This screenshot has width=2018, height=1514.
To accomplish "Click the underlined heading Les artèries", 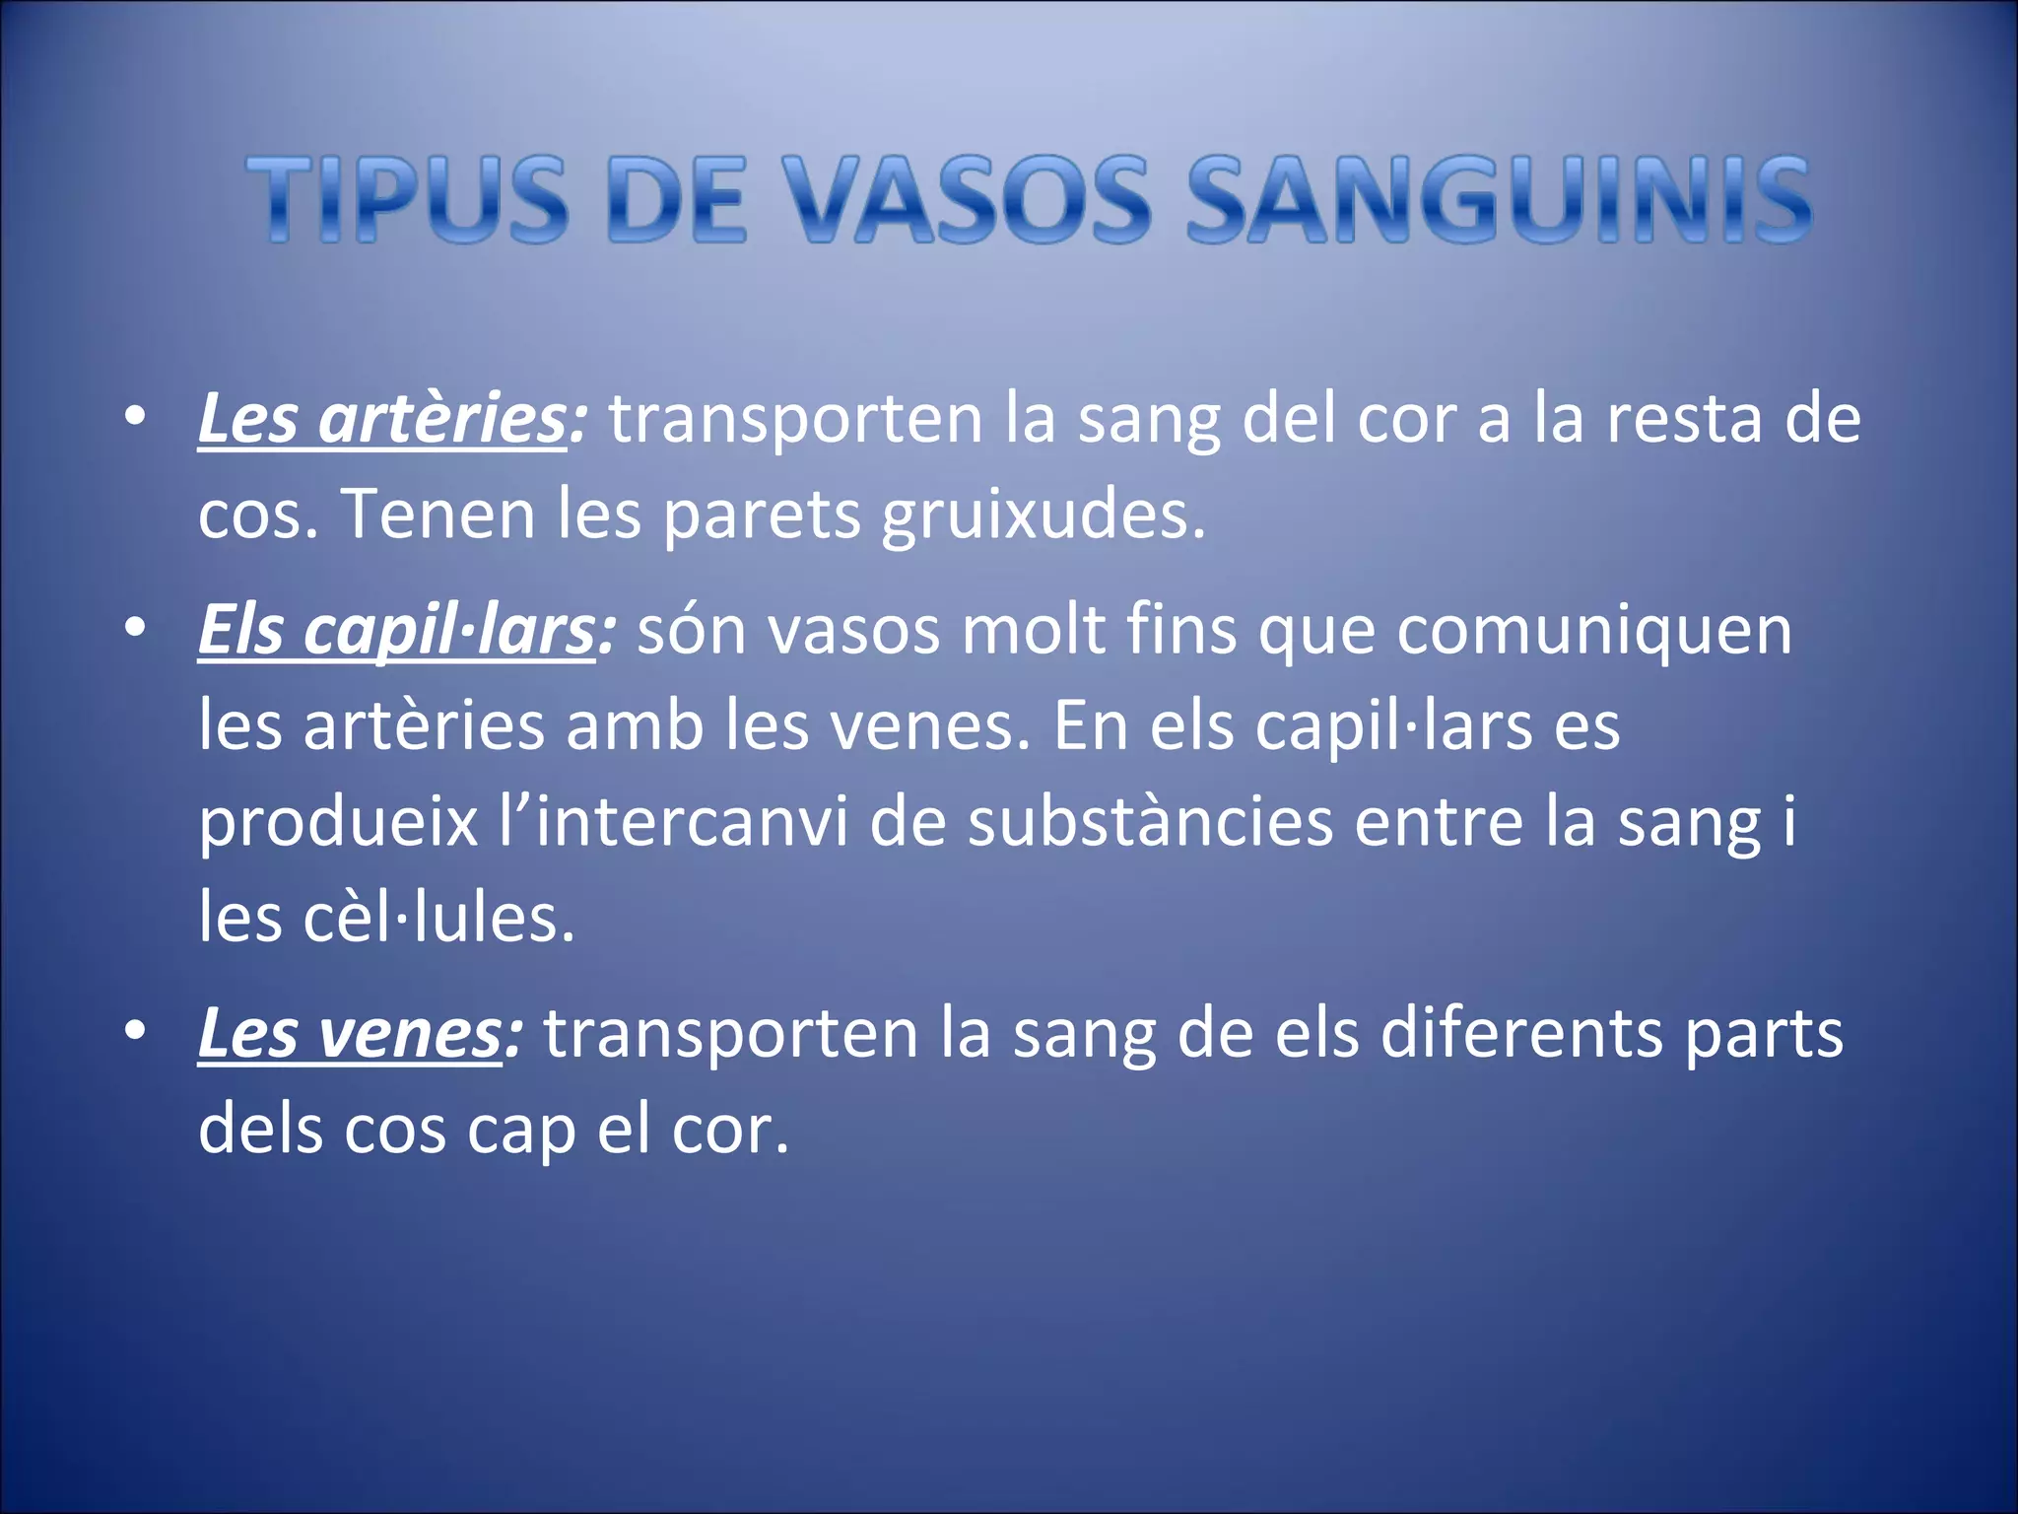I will [382, 420].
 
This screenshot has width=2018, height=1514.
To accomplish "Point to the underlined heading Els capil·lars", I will [396, 631].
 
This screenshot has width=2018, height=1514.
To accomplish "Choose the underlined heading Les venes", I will [350, 1035].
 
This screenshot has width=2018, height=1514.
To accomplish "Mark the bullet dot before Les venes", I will [136, 1031].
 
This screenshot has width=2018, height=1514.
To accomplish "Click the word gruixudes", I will [1043, 516].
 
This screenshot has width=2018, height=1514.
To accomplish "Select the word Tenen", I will [437, 515].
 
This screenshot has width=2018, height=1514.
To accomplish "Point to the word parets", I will [762, 516].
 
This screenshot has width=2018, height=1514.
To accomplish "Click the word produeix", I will [338, 824].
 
